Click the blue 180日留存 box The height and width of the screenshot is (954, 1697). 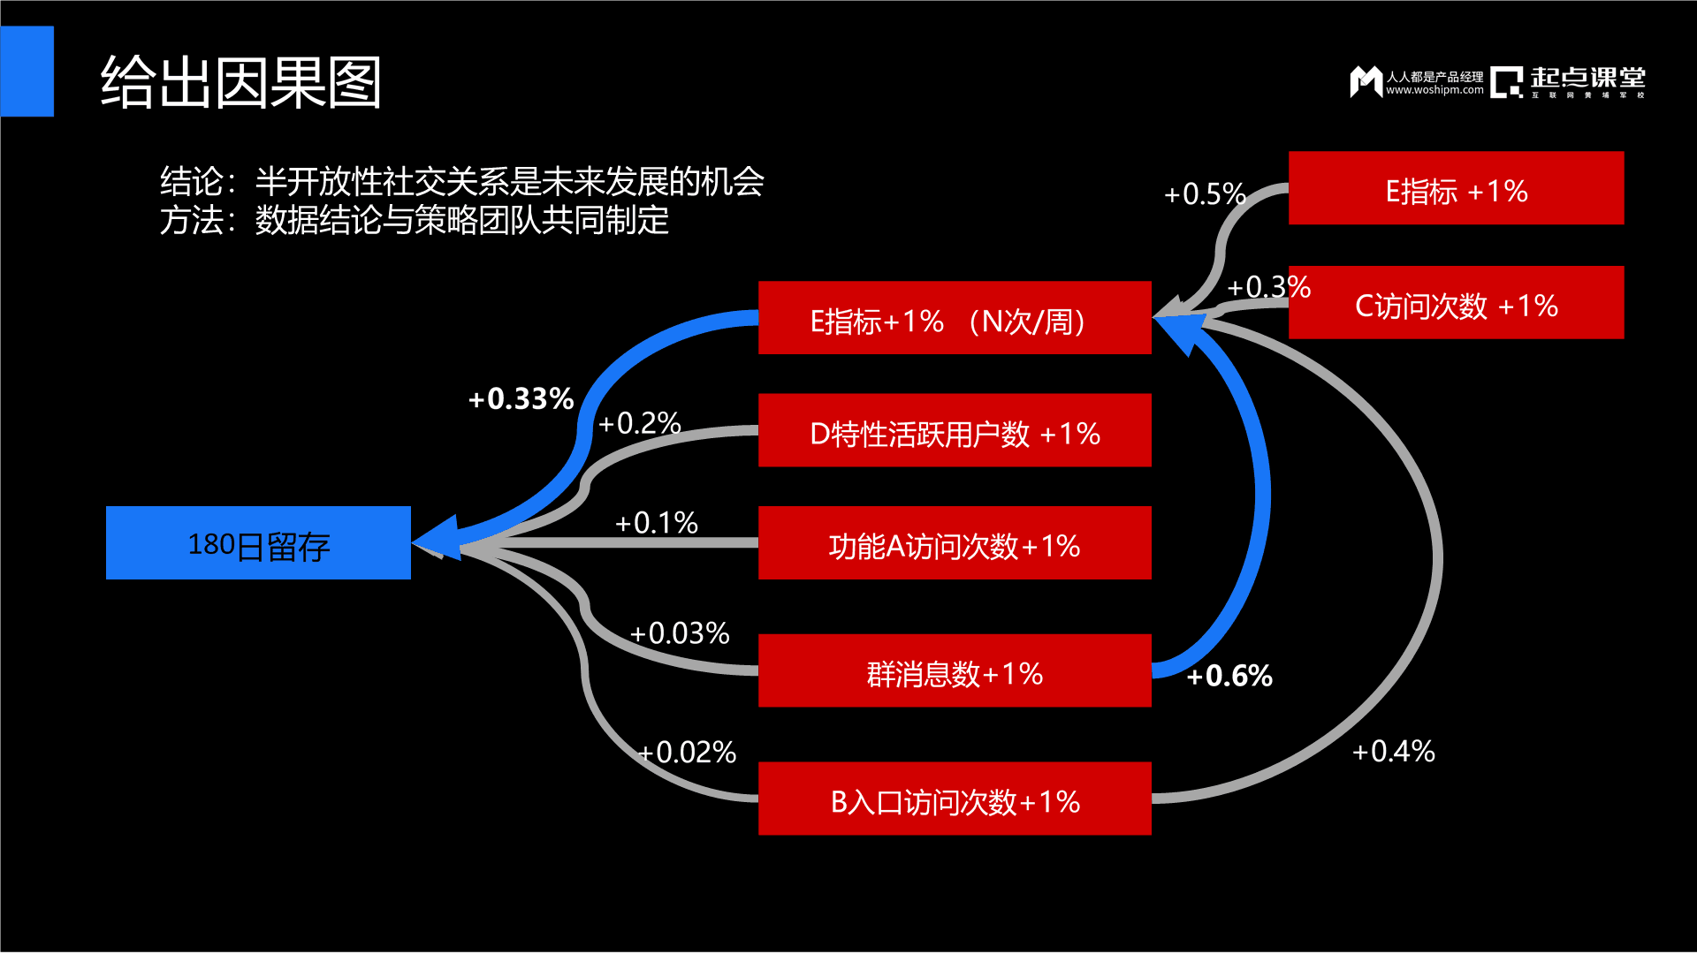[x=258, y=542]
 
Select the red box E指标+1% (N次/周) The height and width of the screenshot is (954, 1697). [x=955, y=318]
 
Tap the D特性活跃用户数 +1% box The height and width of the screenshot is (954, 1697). [x=955, y=430]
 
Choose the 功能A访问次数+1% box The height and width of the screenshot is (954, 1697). [x=955, y=542]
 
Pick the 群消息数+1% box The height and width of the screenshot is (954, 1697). [x=955, y=670]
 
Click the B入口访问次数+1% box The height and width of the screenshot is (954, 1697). [x=955, y=799]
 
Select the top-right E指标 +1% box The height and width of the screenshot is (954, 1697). [x=1456, y=188]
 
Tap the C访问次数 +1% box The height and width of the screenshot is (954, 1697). [x=1456, y=302]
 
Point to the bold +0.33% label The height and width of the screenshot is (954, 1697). [x=521, y=398]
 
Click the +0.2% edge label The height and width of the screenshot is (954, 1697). [x=639, y=423]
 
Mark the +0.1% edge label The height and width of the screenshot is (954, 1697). [x=656, y=523]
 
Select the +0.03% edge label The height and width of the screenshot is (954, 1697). [x=679, y=633]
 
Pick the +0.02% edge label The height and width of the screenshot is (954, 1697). [x=687, y=753]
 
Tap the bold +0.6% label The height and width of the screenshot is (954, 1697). [x=1229, y=676]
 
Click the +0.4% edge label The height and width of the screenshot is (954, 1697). [x=1394, y=752]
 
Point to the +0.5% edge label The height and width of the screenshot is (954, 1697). [x=1205, y=194]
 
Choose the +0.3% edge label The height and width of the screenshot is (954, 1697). [x=1268, y=287]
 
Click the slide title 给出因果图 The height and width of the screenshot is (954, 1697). [x=240, y=82]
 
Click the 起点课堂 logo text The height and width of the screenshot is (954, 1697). [x=1588, y=78]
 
